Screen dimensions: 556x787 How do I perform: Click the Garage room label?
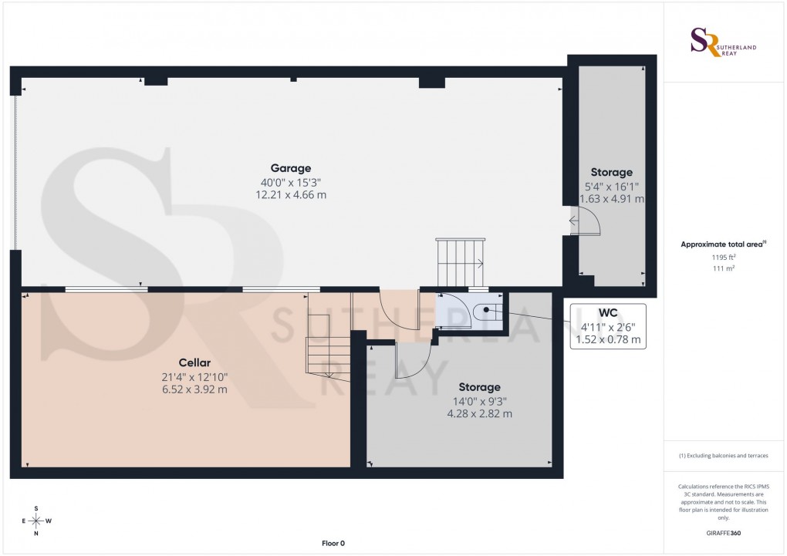(x=290, y=168)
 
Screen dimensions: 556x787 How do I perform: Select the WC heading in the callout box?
(x=608, y=312)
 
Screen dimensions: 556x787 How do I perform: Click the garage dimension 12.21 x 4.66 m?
(x=290, y=196)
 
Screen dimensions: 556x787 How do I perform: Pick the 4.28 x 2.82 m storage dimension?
(x=479, y=414)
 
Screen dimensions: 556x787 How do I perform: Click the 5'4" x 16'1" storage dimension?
(x=611, y=187)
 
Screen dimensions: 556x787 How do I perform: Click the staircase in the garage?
(x=461, y=261)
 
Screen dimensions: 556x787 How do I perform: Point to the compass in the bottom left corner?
(x=35, y=521)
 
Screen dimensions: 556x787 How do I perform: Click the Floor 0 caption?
(x=333, y=544)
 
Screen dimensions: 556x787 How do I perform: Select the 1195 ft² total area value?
(x=724, y=258)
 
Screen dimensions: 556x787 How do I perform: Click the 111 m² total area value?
(x=724, y=268)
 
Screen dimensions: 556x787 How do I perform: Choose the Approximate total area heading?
(x=723, y=244)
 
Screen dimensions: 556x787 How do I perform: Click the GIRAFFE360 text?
(x=724, y=533)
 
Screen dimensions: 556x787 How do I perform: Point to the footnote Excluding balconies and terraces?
(x=724, y=456)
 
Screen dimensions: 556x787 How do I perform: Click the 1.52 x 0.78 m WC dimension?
(x=608, y=339)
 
